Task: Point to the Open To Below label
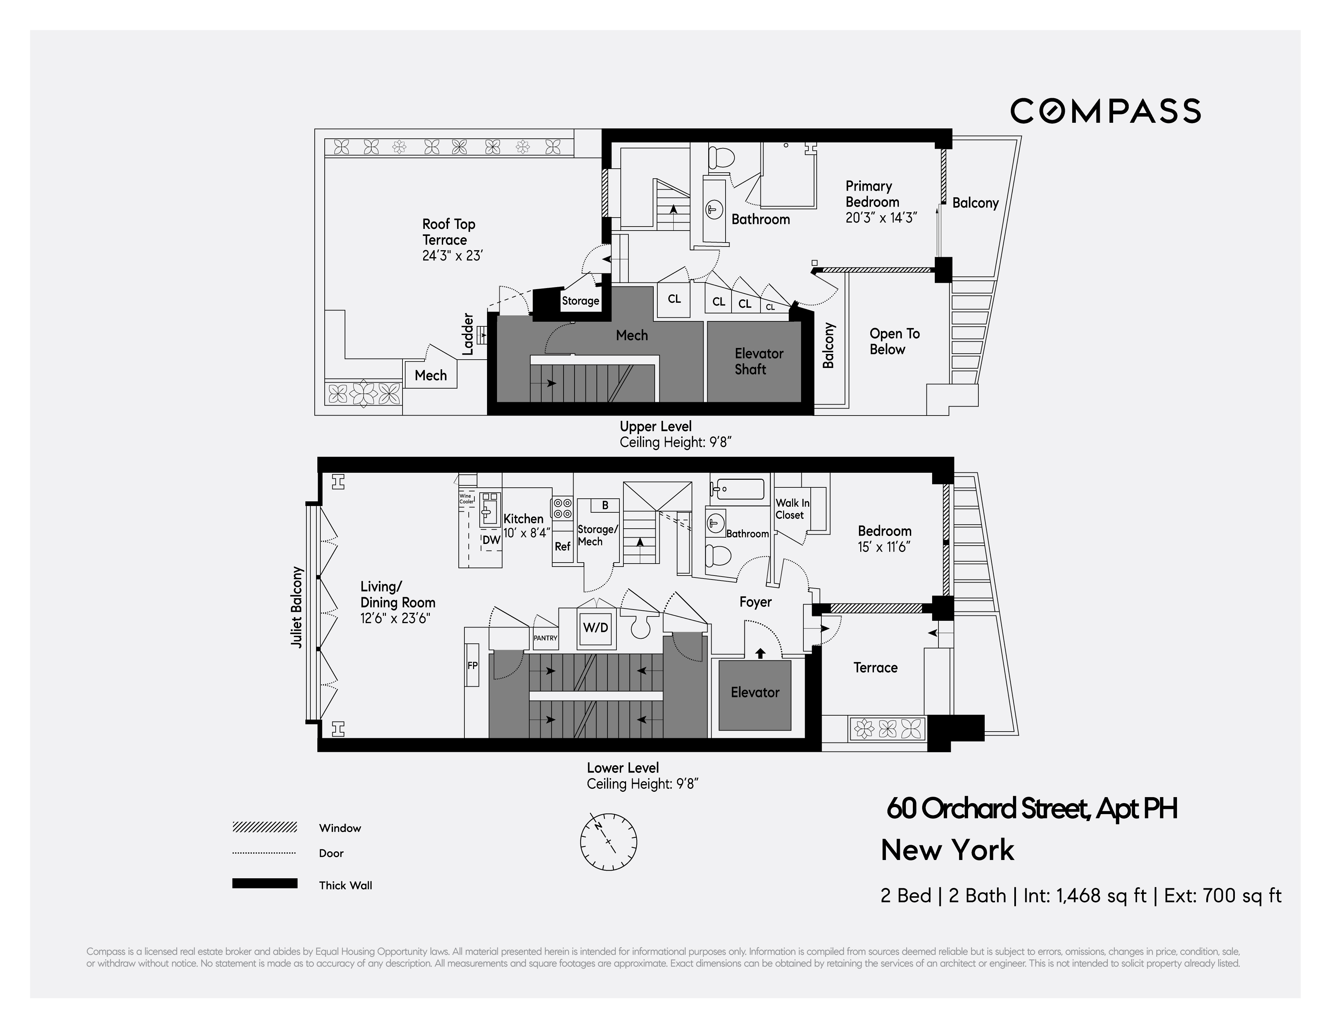coord(894,341)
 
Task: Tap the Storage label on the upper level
coord(580,300)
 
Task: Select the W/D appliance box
coord(595,628)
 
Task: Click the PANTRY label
coord(546,638)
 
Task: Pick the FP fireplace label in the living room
coord(472,665)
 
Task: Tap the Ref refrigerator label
coord(562,547)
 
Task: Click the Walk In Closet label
coord(792,509)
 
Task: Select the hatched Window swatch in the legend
coord(264,827)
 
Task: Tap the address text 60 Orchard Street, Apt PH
coord(1031,809)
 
